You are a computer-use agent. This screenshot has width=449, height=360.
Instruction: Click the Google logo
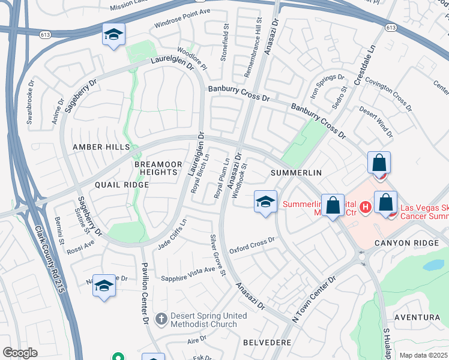(x=20, y=353)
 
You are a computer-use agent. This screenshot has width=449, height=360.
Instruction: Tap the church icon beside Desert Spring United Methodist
(x=160, y=319)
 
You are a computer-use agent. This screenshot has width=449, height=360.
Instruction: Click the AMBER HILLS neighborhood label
(x=101, y=147)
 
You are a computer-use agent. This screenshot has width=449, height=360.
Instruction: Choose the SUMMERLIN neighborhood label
(x=296, y=173)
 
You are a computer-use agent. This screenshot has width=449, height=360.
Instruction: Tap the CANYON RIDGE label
(x=402, y=243)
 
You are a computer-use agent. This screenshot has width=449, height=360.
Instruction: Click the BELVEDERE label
(x=267, y=342)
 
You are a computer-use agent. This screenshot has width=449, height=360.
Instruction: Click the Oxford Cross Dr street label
(x=252, y=244)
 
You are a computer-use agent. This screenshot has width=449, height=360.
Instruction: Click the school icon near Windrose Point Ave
(x=112, y=36)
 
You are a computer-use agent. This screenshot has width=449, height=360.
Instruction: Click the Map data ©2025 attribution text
(x=423, y=355)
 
